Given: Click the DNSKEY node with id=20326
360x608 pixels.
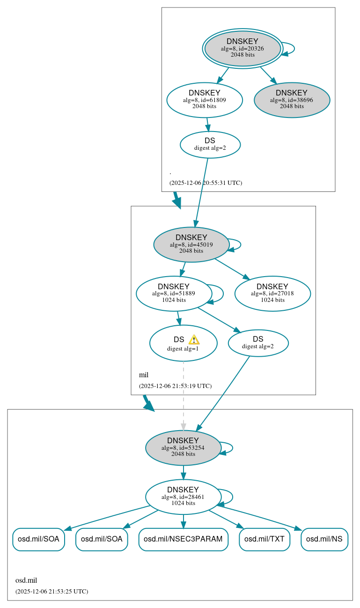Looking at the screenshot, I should click(242, 48).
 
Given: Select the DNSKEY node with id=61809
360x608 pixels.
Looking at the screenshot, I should click(205, 100).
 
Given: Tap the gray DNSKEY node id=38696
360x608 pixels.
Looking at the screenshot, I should click(292, 100).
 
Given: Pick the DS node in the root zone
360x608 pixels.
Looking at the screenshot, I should click(210, 145).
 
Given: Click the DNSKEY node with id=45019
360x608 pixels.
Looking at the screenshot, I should click(191, 244).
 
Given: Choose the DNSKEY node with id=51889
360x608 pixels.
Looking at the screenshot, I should click(174, 293).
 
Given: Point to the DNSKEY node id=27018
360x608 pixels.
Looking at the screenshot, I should click(272, 293).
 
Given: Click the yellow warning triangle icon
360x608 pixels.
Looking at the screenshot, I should click(194, 340).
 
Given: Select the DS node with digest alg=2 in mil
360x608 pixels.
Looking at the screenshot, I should click(258, 343).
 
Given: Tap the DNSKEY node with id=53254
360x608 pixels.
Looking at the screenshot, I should click(183, 447).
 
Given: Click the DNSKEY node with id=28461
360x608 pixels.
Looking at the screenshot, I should click(183, 497).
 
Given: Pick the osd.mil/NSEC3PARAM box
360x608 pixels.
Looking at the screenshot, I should click(183, 539).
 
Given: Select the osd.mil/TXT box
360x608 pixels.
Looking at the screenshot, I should click(264, 539).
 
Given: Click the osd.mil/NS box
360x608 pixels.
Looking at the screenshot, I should click(324, 539).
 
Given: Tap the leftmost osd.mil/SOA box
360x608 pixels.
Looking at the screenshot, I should click(38, 539).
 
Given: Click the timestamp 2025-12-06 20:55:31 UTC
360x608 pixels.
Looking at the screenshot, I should click(206, 183).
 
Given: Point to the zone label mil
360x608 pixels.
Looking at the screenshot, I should click(144, 375).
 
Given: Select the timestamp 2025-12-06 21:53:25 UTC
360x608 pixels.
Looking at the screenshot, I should click(51, 591).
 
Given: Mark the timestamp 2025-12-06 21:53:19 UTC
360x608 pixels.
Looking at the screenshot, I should click(175, 386).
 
